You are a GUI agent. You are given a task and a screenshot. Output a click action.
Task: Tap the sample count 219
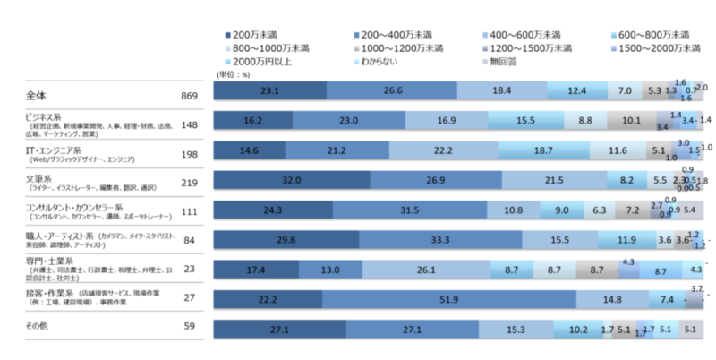[x=187, y=180]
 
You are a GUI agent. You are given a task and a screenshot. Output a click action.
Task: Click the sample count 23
[x=189, y=269]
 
